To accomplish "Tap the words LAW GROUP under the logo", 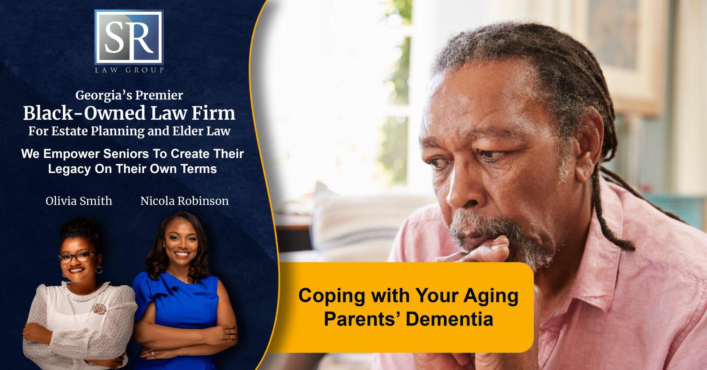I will tap(129, 70).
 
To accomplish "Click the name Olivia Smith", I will tap(79, 201).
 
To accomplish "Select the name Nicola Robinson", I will tap(184, 201).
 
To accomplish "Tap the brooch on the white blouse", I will tap(98, 309).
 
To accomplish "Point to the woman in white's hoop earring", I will tap(99, 270).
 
